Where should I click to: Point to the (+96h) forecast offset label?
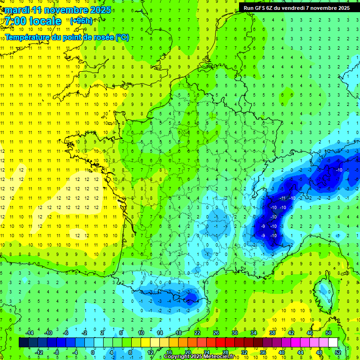[81, 21]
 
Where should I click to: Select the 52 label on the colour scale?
[337, 352]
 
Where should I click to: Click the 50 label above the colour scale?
[329, 333]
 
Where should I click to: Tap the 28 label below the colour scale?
[225, 352]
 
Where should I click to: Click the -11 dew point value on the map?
[283, 198]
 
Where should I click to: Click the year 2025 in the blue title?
[100, 10]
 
